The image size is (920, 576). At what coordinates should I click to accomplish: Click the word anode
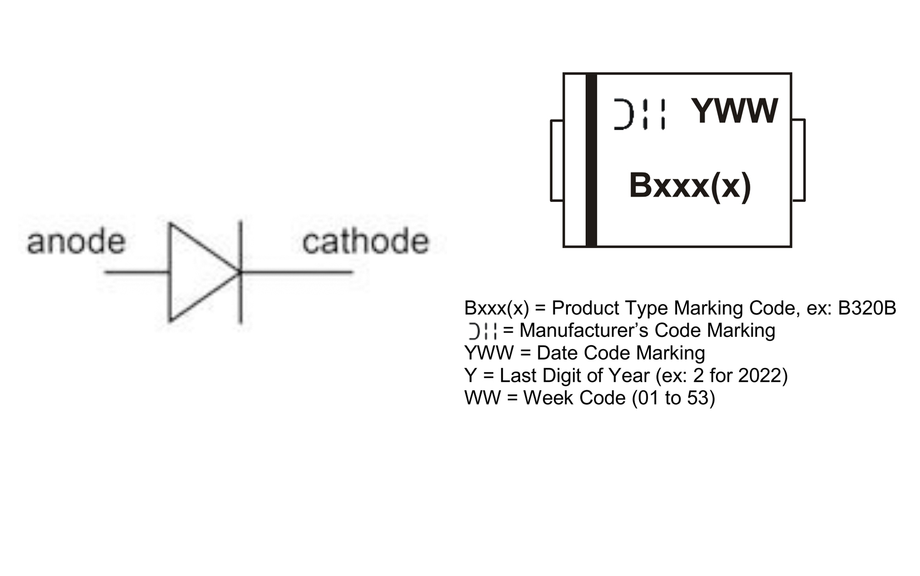point(76,242)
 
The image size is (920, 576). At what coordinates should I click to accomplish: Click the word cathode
point(365,242)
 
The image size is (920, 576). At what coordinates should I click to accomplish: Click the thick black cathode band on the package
point(591,160)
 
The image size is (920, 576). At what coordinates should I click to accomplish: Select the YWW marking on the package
point(734,111)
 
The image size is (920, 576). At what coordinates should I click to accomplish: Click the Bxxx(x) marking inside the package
point(690,185)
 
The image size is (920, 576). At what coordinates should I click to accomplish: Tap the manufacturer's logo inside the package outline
point(639,114)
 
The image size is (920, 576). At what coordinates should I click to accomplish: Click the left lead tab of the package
point(557,160)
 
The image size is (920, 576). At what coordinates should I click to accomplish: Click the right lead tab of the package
point(798,160)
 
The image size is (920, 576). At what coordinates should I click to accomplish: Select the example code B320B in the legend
point(867,308)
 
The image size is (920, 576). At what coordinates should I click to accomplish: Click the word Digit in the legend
point(559,376)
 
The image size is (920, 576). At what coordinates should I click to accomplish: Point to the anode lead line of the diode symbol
point(136,272)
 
